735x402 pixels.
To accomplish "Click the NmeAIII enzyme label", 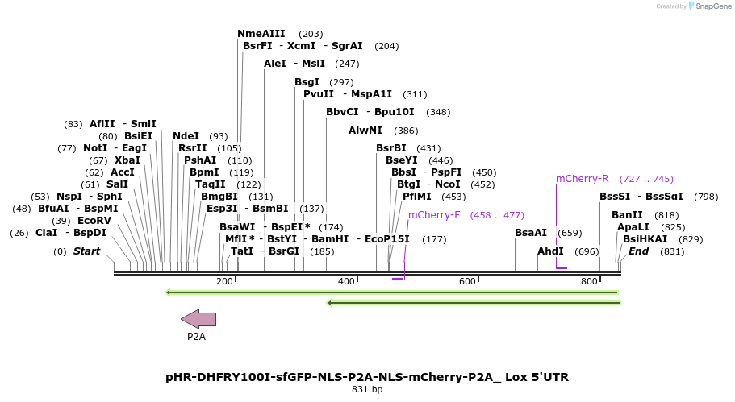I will pyautogui.click(x=261, y=34).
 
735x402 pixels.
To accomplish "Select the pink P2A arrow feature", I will pyautogui.click(x=198, y=319).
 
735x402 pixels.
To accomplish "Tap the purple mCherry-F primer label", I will pyautogui.click(x=434, y=215).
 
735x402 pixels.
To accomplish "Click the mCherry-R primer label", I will pyautogui.click(x=582, y=179).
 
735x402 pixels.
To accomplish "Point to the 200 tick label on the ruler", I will pyautogui.click(x=224, y=281).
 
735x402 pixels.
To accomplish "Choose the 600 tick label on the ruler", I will pyautogui.click(x=467, y=281).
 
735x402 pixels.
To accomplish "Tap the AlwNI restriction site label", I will pyautogui.click(x=365, y=131).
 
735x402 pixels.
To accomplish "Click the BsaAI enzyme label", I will pyautogui.click(x=531, y=233).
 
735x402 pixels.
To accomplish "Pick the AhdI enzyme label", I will pyautogui.click(x=551, y=251).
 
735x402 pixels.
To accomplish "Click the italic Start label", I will pyautogui.click(x=86, y=251).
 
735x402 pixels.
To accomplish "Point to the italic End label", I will pyautogui.click(x=638, y=251).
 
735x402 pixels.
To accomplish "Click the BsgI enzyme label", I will pyautogui.click(x=307, y=82).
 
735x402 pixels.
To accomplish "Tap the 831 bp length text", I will pyautogui.click(x=367, y=390).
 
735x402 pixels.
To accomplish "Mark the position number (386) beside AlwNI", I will pyautogui.click(x=406, y=131).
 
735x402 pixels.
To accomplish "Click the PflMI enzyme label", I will pyautogui.click(x=417, y=197).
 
